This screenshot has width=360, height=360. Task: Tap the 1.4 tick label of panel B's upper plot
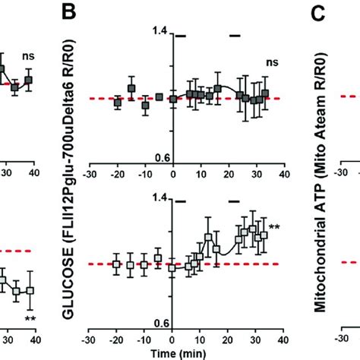pos(159,31)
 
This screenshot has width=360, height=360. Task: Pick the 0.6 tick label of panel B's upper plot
pos(159,157)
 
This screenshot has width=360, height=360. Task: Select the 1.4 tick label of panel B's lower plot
pos(159,197)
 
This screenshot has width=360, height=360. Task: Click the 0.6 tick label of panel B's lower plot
pos(159,323)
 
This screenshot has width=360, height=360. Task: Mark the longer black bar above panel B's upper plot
pos(182,35)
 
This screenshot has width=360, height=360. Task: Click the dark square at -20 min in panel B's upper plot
pos(117,102)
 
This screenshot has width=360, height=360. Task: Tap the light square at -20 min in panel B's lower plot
pos(117,264)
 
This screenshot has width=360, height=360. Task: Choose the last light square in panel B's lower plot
pos(264,236)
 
